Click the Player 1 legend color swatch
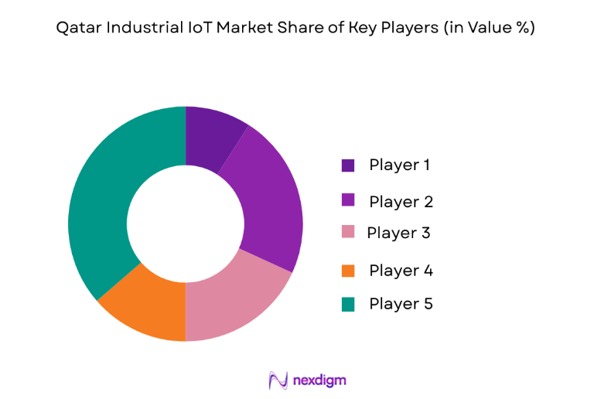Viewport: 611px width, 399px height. pyautogui.click(x=348, y=165)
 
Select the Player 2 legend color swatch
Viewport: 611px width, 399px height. pyautogui.click(x=348, y=201)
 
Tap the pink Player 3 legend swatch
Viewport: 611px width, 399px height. pyautogui.click(x=348, y=233)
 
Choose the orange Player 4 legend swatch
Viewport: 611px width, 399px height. pyautogui.click(x=348, y=271)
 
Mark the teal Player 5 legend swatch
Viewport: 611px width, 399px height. pyautogui.click(x=348, y=304)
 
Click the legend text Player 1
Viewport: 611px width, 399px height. pyautogui.click(x=400, y=165)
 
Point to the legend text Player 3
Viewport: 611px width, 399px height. pyautogui.click(x=398, y=233)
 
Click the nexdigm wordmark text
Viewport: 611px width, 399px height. pyautogui.click(x=319, y=380)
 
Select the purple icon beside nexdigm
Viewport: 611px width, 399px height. pyautogui.click(x=278, y=380)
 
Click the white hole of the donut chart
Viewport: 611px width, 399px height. pyautogui.click(x=186, y=223)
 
